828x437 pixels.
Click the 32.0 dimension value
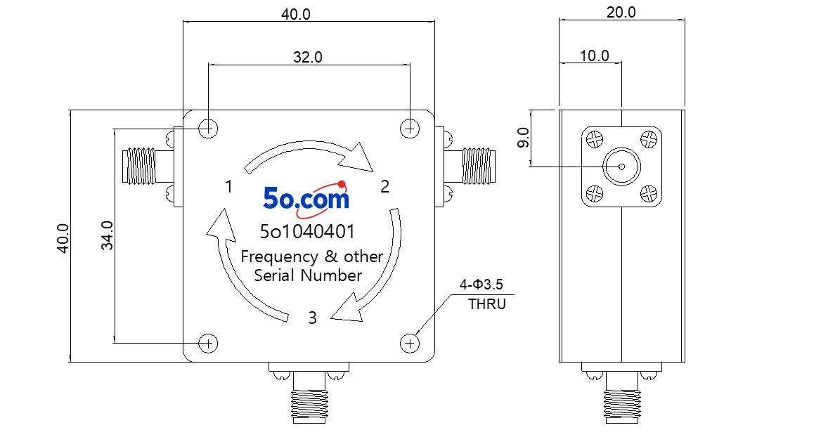point(307,57)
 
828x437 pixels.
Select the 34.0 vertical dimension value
point(108,235)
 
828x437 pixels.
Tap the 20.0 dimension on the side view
point(621,12)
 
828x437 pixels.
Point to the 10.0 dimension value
point(594,56)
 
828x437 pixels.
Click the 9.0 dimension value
point(523,138)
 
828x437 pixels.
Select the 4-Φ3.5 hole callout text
point(481,285)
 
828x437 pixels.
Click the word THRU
point(487,304)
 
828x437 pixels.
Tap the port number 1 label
point(228,186)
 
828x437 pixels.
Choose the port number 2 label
point(385,186)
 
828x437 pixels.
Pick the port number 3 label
point(313,318)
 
